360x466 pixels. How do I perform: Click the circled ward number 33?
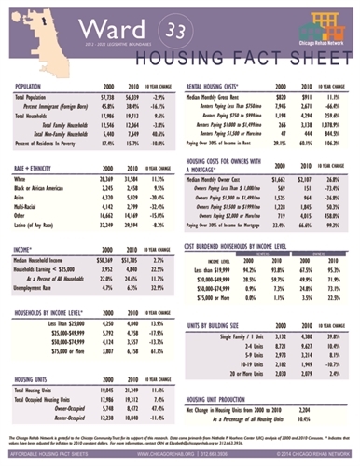coord(173,32)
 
